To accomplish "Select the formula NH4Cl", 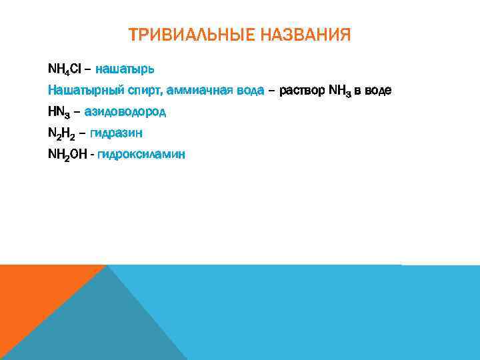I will click(x=65, y=69).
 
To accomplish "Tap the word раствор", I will click(x=303, y=90).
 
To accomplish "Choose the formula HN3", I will click(x=60, y=111).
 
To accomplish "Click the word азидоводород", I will click(x=125, y=111).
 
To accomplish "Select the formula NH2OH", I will click(x=67, y=155).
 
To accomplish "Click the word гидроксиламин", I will click(x=141, y=155).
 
